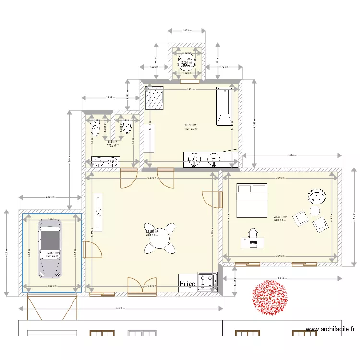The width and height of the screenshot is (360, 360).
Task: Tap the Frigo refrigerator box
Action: (x=188, y=283)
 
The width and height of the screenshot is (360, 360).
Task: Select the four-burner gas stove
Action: (x=207, y=282)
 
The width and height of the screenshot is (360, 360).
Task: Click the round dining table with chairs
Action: (x=160, y=237)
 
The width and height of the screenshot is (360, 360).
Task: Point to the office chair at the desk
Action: (x=253, y=234)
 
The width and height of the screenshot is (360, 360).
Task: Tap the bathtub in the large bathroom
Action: (x=225, y=107)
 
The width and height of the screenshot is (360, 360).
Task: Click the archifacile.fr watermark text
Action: (x=331, y=329)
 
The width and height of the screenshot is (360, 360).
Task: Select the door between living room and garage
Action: (x=90, y=250)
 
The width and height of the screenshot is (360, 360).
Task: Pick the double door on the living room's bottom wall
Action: (x=142, y=286)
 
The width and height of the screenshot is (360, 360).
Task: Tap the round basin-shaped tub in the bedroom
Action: (x=317, y=196)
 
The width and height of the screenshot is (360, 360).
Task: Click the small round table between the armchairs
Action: (x=315, y=211)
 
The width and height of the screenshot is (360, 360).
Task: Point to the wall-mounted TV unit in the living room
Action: (x=98, y=213)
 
